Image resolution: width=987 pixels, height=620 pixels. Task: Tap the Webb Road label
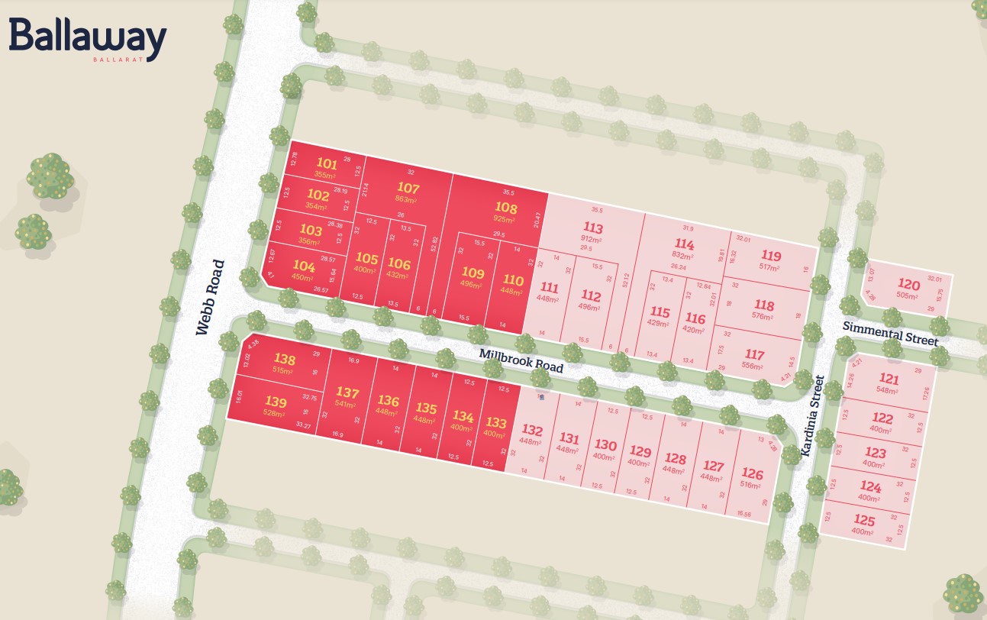210,298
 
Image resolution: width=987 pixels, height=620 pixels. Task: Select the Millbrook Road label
521,360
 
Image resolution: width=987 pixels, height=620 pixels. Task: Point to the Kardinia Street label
811,416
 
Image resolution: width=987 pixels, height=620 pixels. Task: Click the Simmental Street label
890,333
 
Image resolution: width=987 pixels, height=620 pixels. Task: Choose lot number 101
326,163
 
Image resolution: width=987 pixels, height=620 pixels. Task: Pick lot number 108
506,208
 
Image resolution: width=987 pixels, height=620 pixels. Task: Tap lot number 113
592,228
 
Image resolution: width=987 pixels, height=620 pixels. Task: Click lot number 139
276,402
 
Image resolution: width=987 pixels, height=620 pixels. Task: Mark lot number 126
752,473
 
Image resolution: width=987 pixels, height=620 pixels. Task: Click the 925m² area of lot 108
505,220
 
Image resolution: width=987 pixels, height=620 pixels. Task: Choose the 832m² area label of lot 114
683,255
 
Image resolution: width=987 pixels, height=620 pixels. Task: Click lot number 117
754,354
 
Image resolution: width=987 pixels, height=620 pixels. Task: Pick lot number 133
495,423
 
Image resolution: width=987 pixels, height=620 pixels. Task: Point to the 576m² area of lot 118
763,317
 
